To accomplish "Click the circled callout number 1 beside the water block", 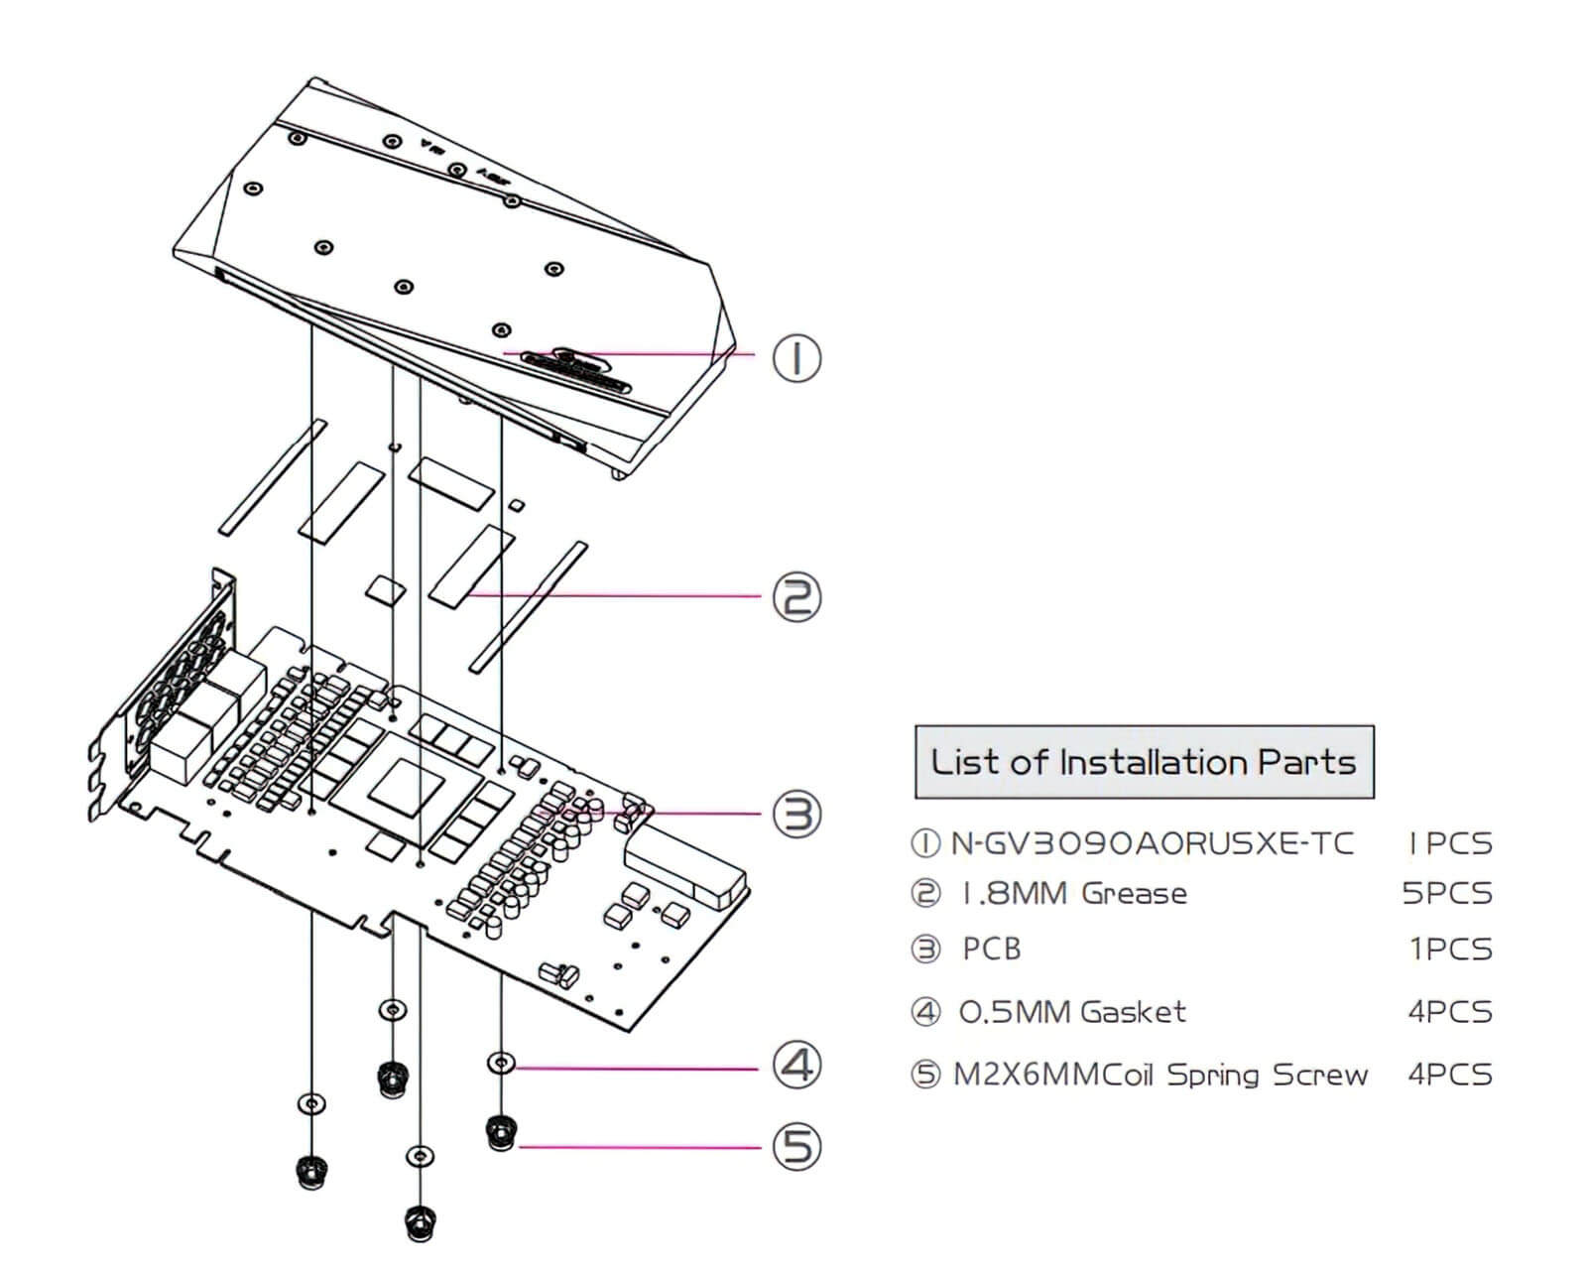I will coord(796,358).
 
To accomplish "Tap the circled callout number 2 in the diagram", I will coord(796,598).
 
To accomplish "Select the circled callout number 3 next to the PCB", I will coord(796,815).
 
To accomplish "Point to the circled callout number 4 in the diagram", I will coord(796,1067).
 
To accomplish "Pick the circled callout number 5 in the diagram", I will coord(796,1147).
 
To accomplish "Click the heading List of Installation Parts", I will coord(1143,762).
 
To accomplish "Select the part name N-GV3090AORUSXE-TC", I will coord(1152,843).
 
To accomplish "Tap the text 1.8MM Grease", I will coord(1074,893).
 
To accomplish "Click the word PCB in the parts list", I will coord(991,950).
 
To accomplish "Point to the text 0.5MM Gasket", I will coord(1072,1012).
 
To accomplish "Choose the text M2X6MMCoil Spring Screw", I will coord(1160,1075).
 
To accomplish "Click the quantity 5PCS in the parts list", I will coord(1447,893).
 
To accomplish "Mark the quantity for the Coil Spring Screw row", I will coord(1449,1075).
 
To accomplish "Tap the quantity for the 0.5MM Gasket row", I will coord(1449,1012).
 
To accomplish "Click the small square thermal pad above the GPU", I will coord(386,587).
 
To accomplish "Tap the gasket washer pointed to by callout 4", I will coord(502,1065).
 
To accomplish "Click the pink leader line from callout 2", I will coord(615,596).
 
